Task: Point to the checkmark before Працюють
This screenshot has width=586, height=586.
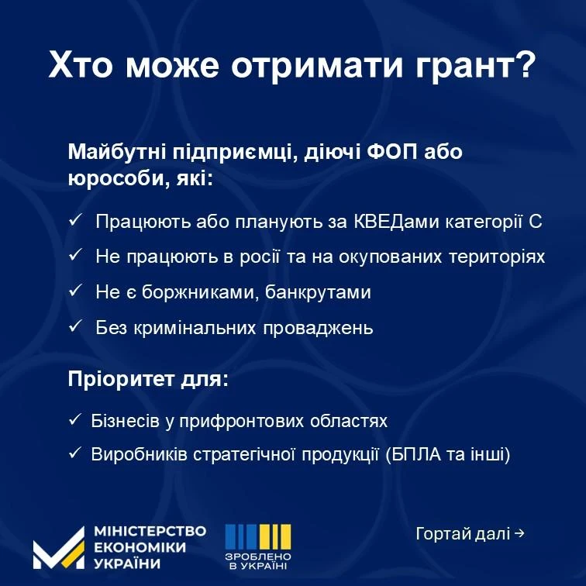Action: pyautogui.click(x=75, y=220)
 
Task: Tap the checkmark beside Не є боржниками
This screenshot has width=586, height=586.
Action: pyautogui.click(x=75, y=291)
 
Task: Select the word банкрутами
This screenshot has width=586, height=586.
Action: pyautogui.click(x=318, y=292)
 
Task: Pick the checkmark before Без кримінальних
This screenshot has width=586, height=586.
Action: pyautogui.click(x=75, y=326)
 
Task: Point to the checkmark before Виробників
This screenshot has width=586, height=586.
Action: pyautogui.click(x=75, y=453)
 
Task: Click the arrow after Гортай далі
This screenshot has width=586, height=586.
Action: pyautogui.click(x=519, y=533)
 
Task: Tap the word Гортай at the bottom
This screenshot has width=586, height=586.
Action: pyautogui.click(x=443, y=534)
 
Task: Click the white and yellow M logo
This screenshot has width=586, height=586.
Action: pyautogui.click(x=59, y=548)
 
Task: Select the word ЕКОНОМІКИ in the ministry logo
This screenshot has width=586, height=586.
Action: pyautogui.click(x=140, y=547)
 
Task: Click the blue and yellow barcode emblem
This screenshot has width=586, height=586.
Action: pyautogui.click(x=258, y=536)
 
